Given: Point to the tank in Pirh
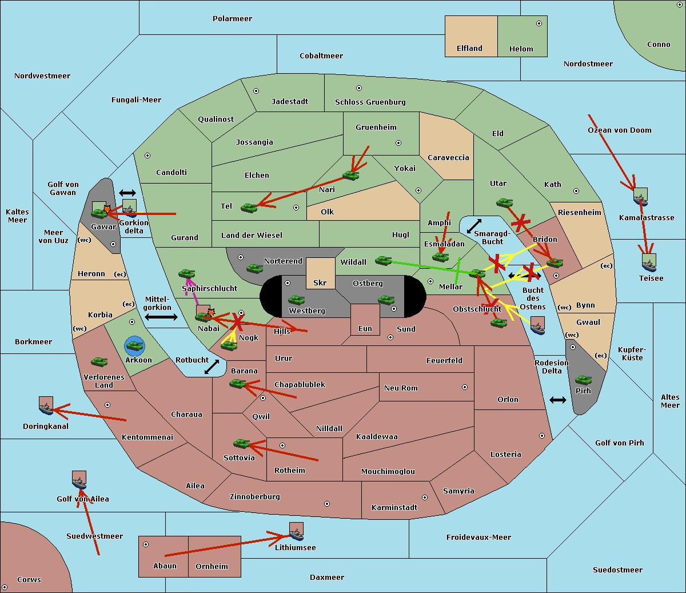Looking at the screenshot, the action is (583, 380).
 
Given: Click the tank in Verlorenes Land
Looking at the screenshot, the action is (99, 361).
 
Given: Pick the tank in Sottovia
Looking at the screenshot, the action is (242, 444).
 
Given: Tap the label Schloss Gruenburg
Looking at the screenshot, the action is (370, 102).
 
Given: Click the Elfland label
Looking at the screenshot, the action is (469, 49).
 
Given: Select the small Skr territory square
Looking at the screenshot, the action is (320, 273).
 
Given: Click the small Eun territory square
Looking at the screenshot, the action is (365, 320).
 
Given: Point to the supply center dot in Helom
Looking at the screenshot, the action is (539, 23).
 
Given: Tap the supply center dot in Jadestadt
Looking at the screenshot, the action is (256, 91).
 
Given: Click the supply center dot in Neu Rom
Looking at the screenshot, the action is (465, 387).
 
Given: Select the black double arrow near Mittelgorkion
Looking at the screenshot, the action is (161, 317).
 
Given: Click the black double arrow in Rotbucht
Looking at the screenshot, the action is (212, 367).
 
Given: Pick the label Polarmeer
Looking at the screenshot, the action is (232, 19).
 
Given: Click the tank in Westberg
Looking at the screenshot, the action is (296, 300).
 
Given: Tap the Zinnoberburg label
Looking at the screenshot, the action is (255, 497).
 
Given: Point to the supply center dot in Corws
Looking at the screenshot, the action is (5, 587).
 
